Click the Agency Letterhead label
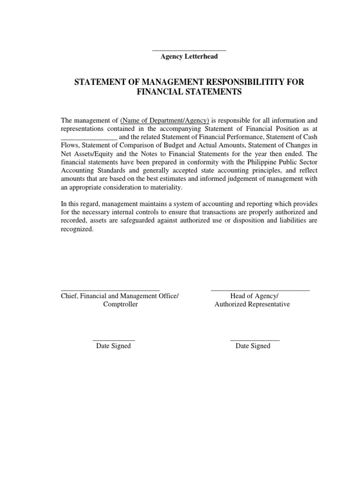point(189,57)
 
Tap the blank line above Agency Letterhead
point(189,50)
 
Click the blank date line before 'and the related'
point(89,138)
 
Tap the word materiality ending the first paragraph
point(165,187)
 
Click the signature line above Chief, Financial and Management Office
point(111,291)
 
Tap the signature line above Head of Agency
point(260,291)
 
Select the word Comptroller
point(120,304)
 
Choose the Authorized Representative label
point(252,304)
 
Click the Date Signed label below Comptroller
point(113,346)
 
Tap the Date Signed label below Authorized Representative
point(253,346)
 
